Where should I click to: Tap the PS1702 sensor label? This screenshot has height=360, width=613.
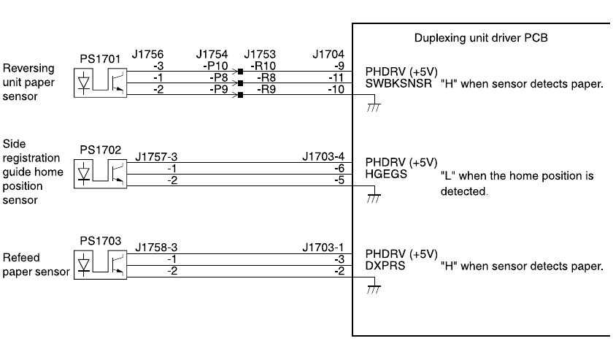pos(96,148)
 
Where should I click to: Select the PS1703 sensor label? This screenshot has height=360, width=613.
pos(96,240)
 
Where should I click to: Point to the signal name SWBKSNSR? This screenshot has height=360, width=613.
pos(398,84)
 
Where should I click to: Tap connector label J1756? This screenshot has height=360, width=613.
pos(148,54)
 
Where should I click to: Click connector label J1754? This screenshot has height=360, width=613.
pos(212,54)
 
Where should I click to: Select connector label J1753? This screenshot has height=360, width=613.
pos(261,54)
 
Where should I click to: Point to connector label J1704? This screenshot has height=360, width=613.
pos(327,54)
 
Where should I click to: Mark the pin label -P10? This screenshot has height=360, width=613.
pos(217,66)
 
